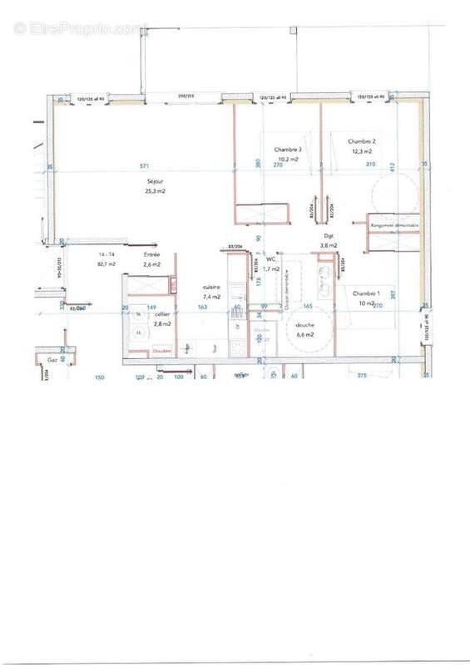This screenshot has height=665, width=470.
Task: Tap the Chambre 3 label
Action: pos(288,150)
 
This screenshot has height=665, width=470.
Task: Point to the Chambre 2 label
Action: pos(362,142)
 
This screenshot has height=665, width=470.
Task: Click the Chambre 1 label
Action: pos(365,294)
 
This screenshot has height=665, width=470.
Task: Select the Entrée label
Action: pos(151,254)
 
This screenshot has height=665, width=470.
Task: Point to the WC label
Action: pos(271,260)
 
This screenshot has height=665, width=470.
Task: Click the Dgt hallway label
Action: pos(328,236)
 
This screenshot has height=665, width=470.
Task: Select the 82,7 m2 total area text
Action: pos(106,264)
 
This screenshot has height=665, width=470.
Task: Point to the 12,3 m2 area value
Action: pos(362,151)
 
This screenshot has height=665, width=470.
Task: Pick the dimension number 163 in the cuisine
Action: pos(202,308)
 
